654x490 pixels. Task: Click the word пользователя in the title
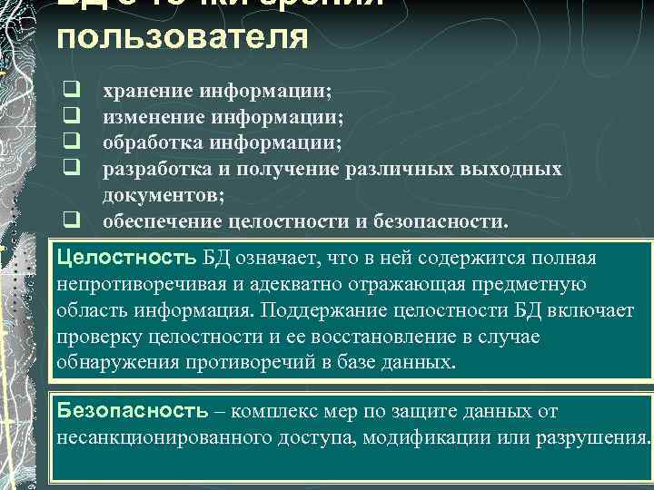[x=182, y=38]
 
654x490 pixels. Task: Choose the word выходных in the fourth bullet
[x=516, y=169]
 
